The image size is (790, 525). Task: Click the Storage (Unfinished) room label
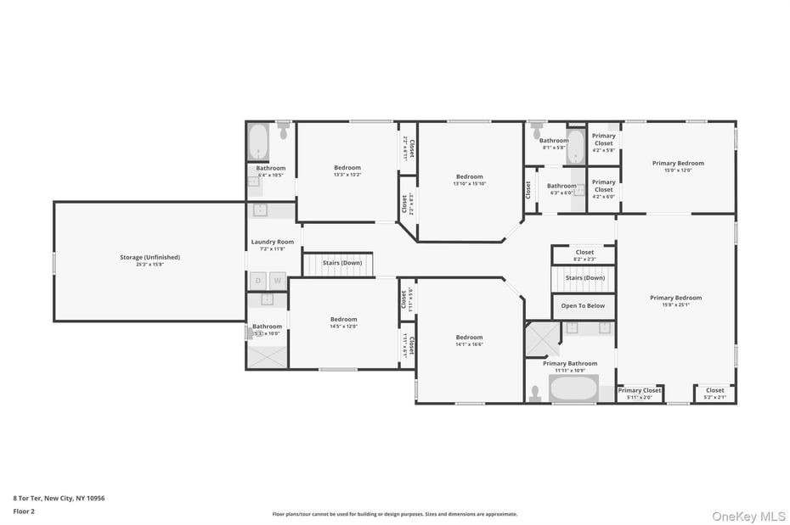150,257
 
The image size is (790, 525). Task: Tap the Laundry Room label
272,243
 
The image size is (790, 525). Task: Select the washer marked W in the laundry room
277,280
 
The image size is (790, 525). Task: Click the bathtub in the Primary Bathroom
573,389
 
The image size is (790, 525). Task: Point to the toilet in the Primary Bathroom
534,393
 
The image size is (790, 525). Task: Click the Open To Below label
583,305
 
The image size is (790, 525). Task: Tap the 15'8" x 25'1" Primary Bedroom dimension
675,305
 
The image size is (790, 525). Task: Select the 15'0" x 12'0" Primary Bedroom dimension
678,170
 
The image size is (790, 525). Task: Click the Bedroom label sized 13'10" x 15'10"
469,176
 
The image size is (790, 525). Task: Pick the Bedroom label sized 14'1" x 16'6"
469,337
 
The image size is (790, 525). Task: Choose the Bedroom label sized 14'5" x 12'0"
344,319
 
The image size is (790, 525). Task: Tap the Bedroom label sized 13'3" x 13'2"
347,167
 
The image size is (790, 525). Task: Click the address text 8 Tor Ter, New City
59,499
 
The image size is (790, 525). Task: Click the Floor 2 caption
24,512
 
